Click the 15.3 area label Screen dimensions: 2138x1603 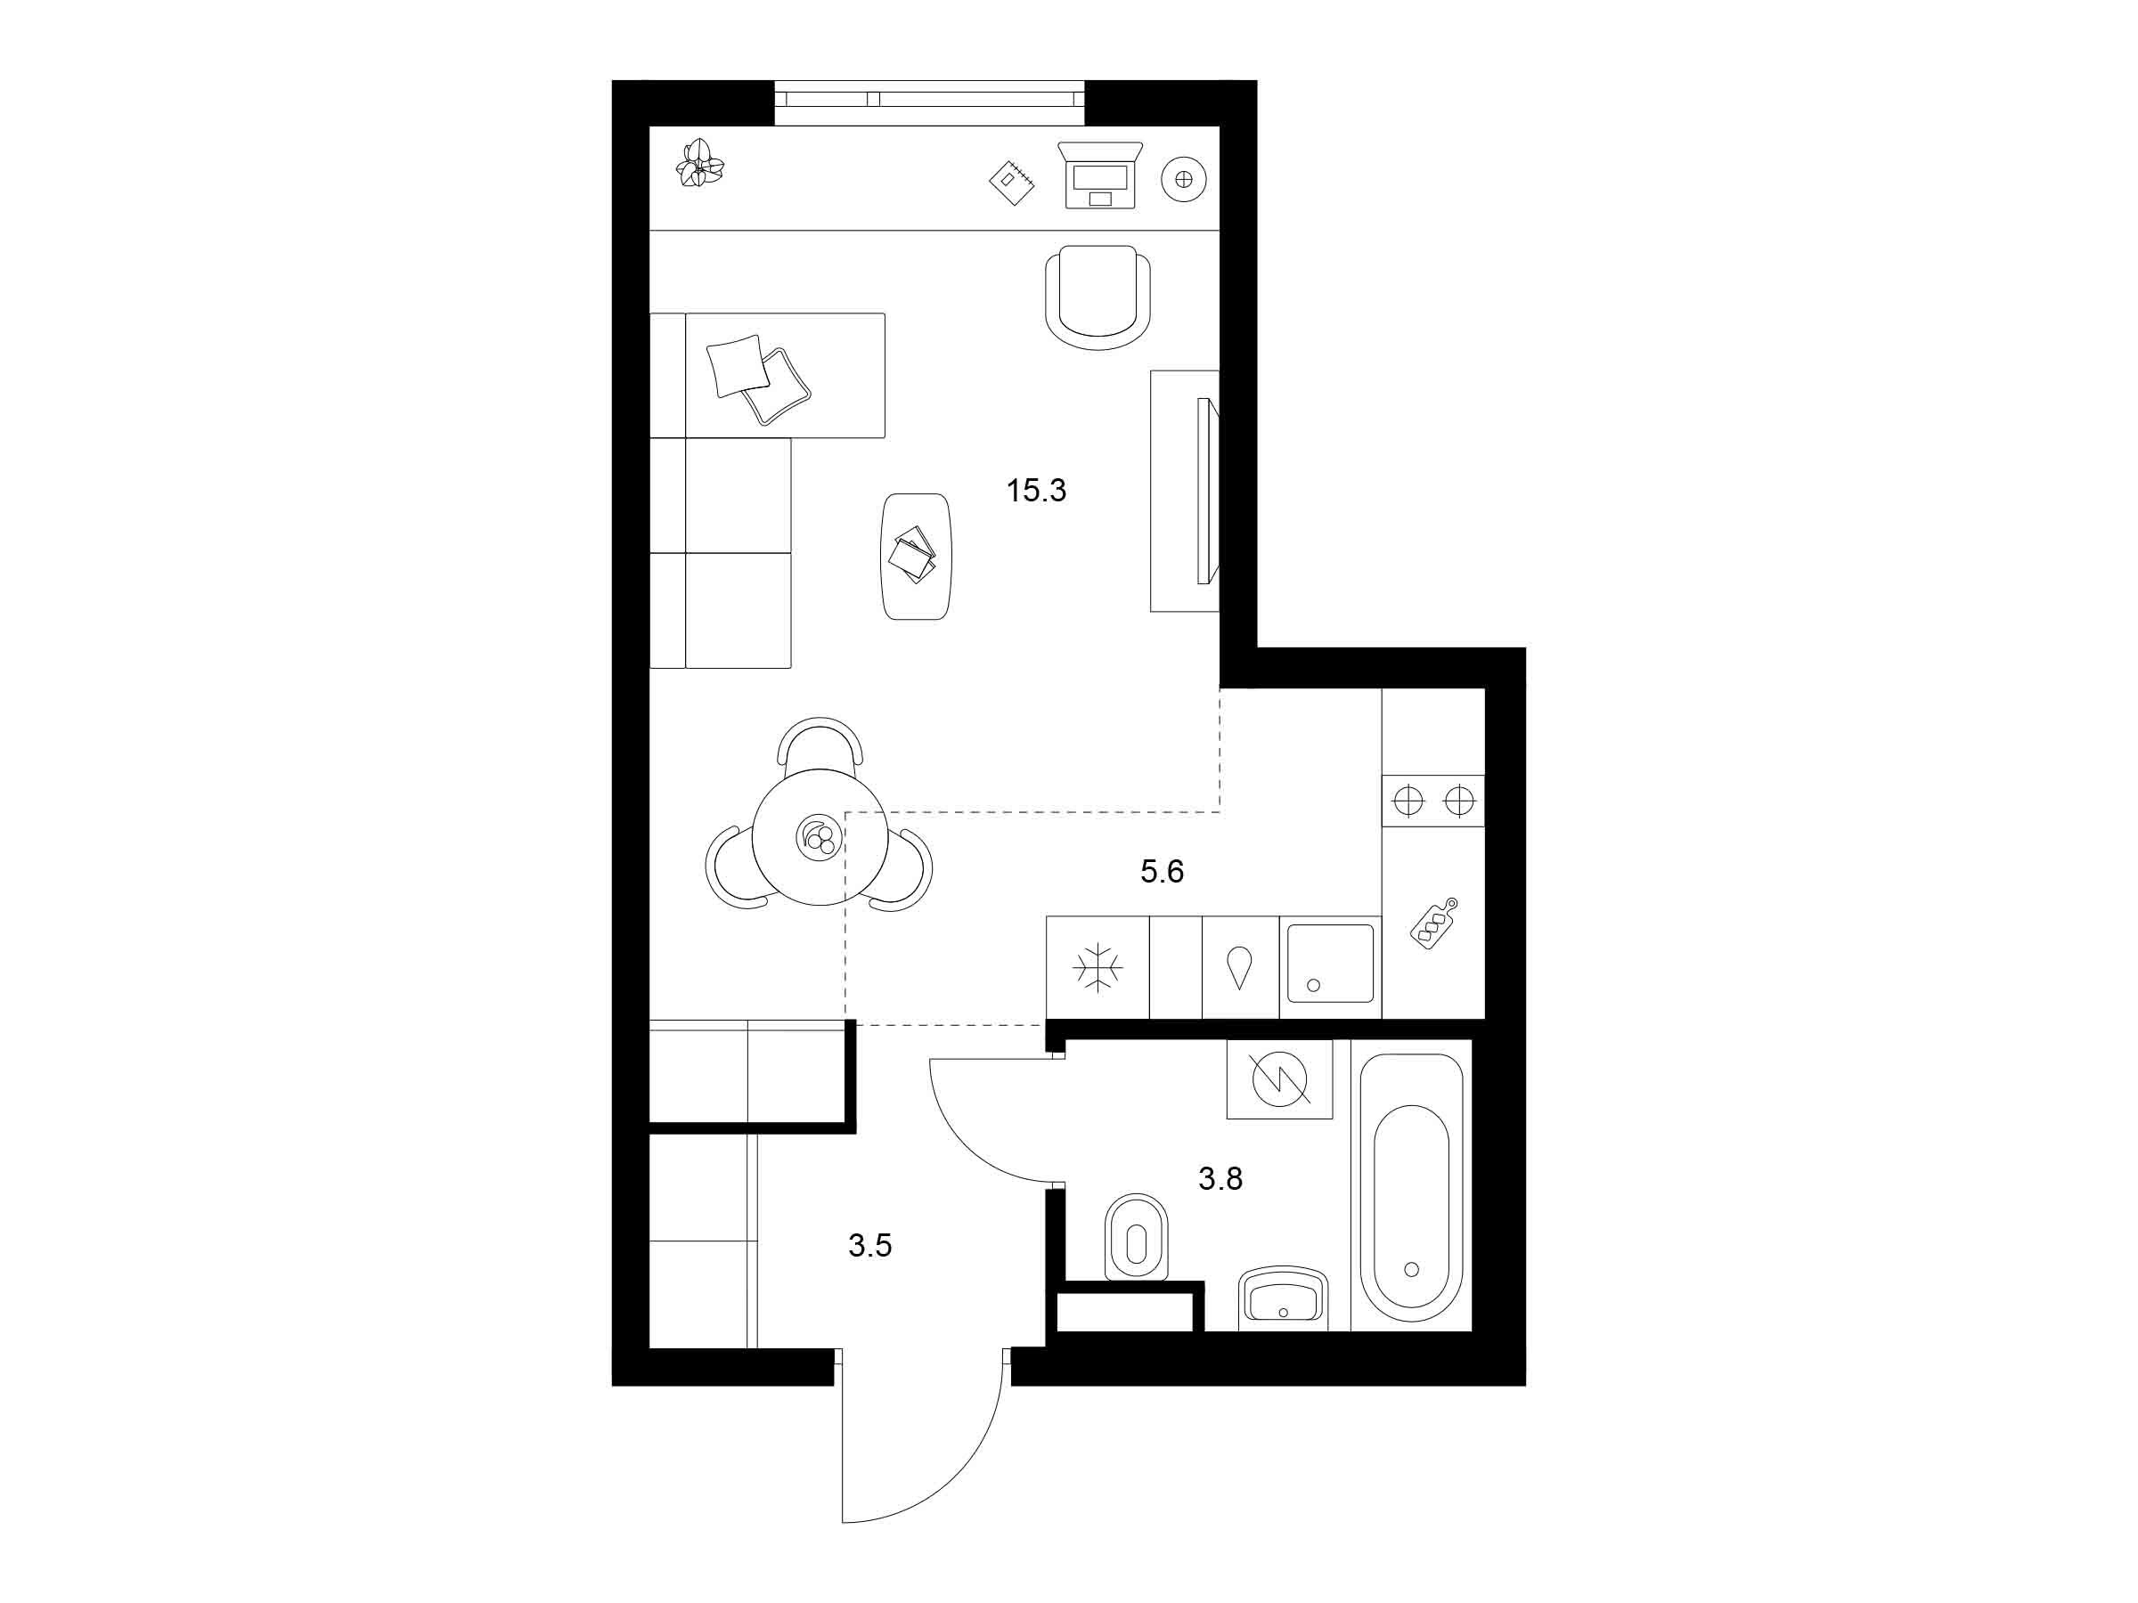click(1036, 491)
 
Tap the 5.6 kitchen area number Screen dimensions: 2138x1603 click(1162, 872)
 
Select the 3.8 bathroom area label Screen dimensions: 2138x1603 click(1220, 1179)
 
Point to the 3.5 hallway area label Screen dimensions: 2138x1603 click(869, 1247)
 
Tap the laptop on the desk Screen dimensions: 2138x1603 click(1100, 175)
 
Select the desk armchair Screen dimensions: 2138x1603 click(1098, 297)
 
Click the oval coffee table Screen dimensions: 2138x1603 click(917, 557)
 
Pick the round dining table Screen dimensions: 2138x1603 click(820, 837)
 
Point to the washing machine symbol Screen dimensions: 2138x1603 click(1280, 1079)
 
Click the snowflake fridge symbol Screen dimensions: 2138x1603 click(1098, 967)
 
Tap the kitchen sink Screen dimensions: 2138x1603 click(1331, 964)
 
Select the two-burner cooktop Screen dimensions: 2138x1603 click(1433, 801)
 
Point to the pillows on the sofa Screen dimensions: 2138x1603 click(759, 378)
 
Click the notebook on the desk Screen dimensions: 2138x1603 click(1012, 182)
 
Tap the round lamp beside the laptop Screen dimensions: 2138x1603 click(1184, 179)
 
